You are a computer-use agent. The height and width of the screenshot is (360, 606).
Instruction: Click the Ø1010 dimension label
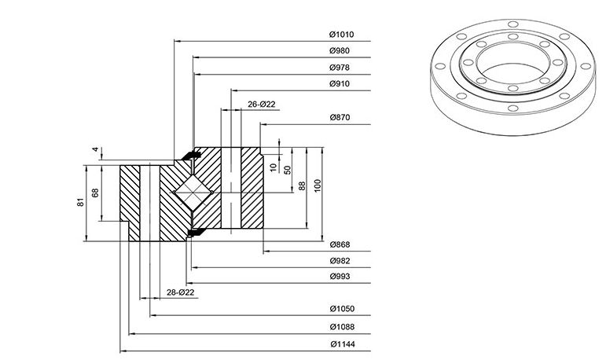point(341,35)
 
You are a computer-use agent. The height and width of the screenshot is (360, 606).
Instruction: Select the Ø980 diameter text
point(340,50)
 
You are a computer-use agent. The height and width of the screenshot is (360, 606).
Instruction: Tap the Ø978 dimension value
point(340,68)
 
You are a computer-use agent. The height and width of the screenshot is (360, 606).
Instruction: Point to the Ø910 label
point(340,84)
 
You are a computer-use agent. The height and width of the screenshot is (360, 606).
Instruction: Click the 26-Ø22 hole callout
point(261,105)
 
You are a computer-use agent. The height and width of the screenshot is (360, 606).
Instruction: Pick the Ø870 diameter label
point(340,118)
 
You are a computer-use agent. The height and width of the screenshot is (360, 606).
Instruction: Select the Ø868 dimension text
point(340,244)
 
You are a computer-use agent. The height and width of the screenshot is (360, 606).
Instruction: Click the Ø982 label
point(340,261)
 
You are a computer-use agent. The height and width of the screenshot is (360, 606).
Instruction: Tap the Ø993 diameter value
point(340,277)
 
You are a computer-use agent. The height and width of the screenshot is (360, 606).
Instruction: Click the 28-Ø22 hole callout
point(180,292)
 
